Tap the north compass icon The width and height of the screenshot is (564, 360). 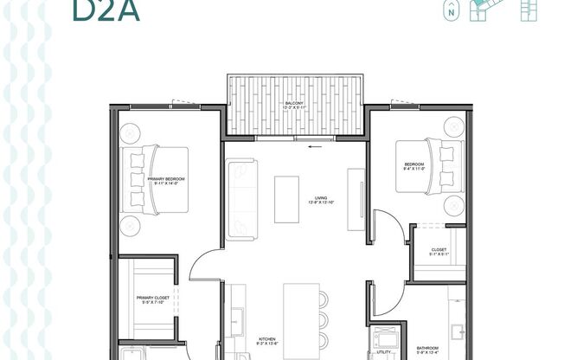[450, 12]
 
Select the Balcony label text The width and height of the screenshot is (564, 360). [294, 104]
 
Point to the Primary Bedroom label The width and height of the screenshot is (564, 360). [167, 178]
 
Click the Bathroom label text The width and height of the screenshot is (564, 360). [427, 348]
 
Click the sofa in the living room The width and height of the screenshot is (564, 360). [240, 200]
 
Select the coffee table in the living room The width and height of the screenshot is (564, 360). [286, 200]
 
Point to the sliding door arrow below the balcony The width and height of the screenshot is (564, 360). [314, 145]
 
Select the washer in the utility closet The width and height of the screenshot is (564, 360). [382, 337]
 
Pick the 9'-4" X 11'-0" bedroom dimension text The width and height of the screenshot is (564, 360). [414, 170]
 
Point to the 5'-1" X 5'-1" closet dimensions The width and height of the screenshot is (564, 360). [439, 254]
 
